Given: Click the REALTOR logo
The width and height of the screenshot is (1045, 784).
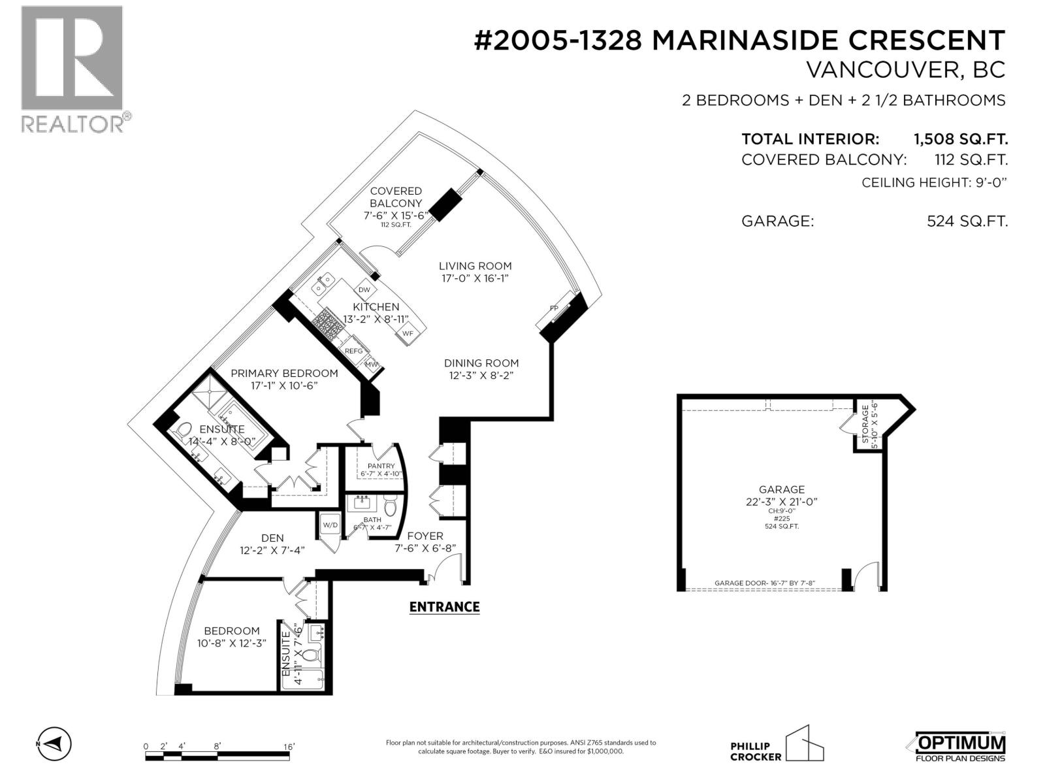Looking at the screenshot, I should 72,69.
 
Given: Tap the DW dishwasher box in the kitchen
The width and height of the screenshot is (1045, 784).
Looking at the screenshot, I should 364,289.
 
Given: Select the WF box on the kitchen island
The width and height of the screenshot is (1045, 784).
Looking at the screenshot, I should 408,333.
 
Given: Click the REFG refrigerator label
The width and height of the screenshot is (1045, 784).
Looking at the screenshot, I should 353,351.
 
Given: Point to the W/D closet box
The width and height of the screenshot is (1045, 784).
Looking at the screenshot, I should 330,525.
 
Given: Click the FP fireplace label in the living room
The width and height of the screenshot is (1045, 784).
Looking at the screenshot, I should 554,307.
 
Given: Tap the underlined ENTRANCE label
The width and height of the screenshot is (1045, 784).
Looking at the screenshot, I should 444,607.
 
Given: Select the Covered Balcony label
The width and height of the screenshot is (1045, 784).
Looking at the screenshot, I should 396,197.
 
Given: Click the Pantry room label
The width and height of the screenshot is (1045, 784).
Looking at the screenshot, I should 381,466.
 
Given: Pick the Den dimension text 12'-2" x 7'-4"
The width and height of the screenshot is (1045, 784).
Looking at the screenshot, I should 272,550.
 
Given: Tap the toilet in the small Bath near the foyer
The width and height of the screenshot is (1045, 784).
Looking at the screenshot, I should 391,506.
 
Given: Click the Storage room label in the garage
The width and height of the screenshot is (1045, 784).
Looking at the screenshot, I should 865,425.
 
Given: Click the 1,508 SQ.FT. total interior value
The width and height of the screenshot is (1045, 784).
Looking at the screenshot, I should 960,139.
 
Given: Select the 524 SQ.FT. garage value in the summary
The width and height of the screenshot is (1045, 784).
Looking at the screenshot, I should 967,221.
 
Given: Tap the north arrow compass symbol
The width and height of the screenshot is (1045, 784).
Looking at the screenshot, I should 55,743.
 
